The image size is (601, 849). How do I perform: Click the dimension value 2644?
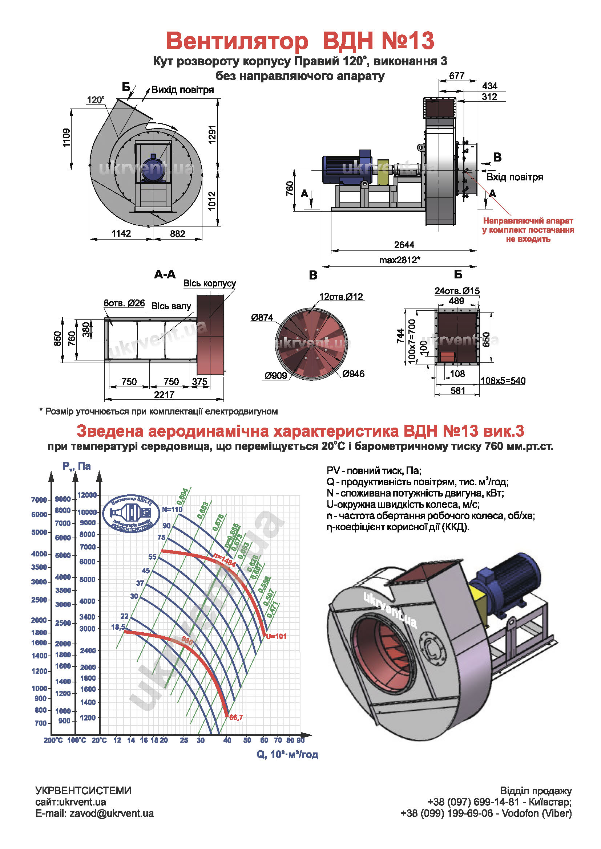click(404, 245)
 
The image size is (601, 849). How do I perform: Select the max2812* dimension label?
click(399, 260)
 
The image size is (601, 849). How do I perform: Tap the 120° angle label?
click(96, 100)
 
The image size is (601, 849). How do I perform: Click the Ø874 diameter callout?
click(262, 317)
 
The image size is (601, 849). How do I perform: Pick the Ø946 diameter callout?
click(354, 374)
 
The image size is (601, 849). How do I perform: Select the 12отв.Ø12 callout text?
click(341, 297)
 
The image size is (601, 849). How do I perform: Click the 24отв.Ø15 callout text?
click(457, 291)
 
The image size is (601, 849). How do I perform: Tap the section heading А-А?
click(165, 274)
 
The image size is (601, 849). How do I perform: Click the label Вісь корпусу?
click(209, 283)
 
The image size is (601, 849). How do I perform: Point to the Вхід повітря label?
click(515, 177)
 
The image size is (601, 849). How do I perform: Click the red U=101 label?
click(276, 636)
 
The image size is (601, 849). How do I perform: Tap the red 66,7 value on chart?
click(236, 717)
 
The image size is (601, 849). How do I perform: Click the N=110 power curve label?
click(172, 509)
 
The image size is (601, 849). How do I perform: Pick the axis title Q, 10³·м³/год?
click(287, 754)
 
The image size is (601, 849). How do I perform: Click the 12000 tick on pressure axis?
click(87, 495)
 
